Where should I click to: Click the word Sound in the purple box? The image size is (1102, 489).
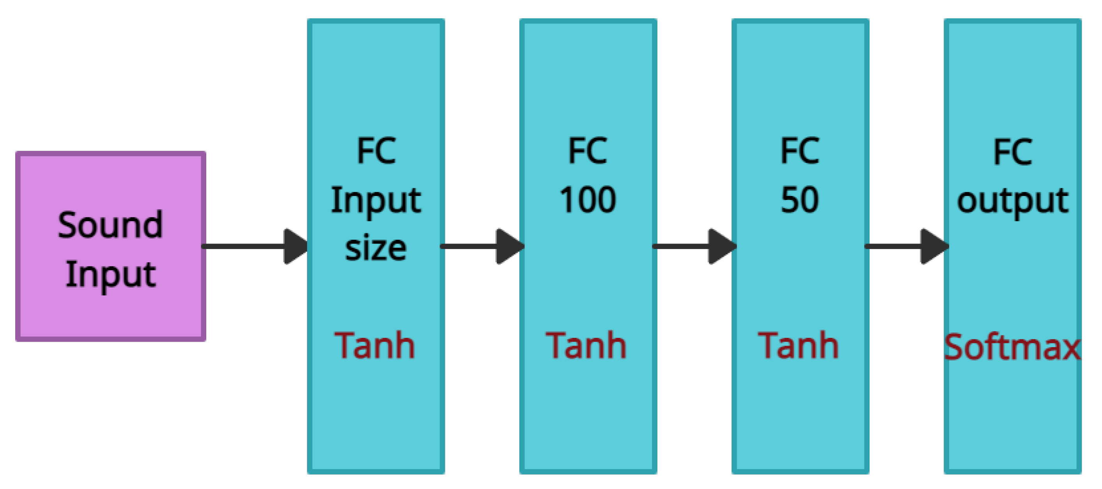[110, 225]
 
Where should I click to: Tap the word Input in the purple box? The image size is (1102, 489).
[110, 274]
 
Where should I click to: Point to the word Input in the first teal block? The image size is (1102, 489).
[376, 201]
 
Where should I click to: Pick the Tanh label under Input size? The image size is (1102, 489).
[375, 345]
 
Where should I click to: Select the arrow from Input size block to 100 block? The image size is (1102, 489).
[481, 246]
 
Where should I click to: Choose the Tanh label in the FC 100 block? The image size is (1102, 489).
[586, 345]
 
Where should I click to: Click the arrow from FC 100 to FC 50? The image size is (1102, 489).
[693, 246]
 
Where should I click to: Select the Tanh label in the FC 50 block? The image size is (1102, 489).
[798, 345]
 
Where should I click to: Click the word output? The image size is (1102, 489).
[1012, 201]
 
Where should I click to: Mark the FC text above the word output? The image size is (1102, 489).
[1012, 151]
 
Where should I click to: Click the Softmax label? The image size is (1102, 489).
[1012, 347]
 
